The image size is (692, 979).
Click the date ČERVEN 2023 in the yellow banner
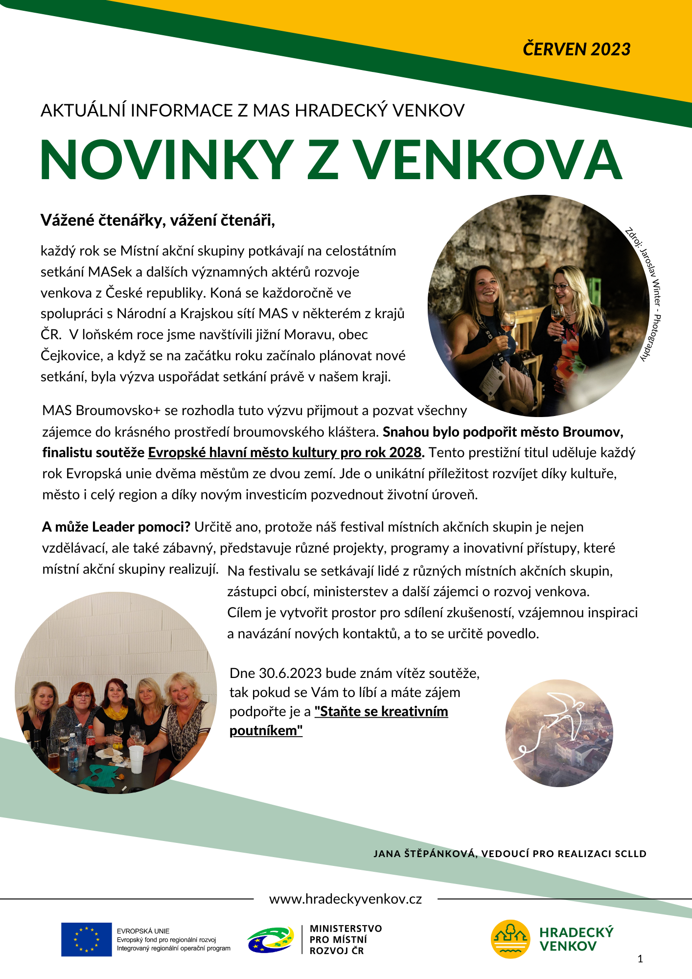pyautogui.click(x=577, y=49)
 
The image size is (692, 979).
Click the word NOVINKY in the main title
pyautogui.click(x=166, y=161)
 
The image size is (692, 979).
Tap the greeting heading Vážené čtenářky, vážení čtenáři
pyautogui.click(x=158, y=220)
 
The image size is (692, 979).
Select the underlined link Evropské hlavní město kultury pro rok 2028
pyautogui.click(x=285, y=452)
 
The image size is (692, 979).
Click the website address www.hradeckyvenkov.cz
pyautogui.click(x=346, y=899)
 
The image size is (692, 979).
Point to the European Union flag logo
pyautogui.click(x=87, y=939)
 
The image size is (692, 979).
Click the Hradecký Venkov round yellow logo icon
pyautogui.click(x=510, y=939)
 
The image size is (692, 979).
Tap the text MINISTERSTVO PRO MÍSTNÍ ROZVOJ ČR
pyautogui.click(x=346, y=939)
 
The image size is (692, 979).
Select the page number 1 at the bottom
pyautogui.click(x=640, y=959)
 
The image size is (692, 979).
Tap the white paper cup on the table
pyautogui.click(x=137, y=758)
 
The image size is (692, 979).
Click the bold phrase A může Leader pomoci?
pyautogui.click(x=116, y=527)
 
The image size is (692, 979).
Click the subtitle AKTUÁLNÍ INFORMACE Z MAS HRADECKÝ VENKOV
pyautogui.click(x=253, y=111)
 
